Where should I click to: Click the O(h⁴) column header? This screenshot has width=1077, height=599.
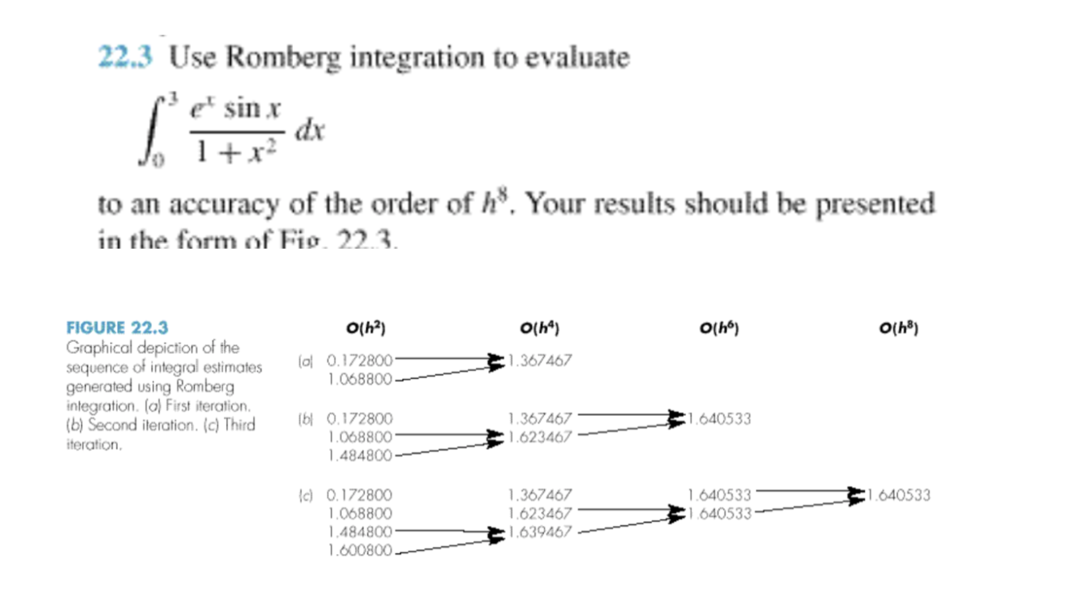pos(539,328)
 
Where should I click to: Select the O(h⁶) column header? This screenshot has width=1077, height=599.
pos(719,328)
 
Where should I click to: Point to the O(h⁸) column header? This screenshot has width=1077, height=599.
pos(899,328)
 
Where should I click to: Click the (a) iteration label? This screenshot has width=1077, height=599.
pos(304,361)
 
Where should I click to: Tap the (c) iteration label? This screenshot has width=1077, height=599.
pos(304,495)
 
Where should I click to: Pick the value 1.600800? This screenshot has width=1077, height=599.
pos(360,551)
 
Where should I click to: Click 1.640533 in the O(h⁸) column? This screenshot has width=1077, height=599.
pos(899,495)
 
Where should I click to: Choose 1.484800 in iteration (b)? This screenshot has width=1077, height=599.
pos(360,456)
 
